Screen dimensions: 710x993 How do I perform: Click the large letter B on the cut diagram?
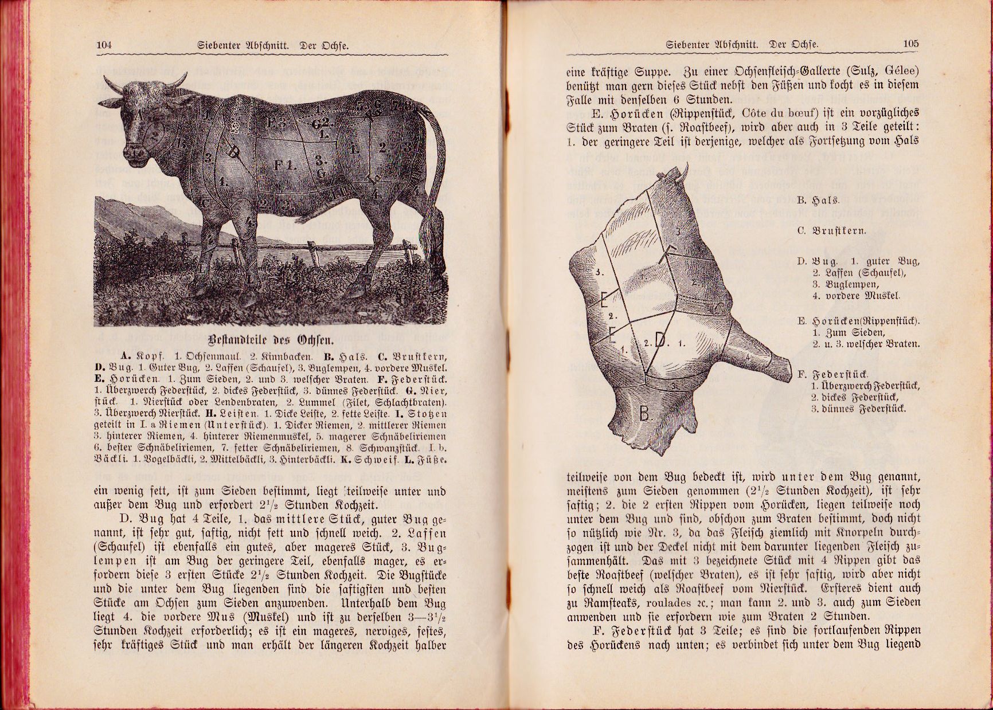point(645,413)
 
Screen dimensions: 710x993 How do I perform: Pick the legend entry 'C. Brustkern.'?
point(831,231)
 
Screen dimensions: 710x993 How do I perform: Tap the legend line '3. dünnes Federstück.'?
point(858,409)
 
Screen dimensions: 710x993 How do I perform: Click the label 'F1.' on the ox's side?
point(285,166)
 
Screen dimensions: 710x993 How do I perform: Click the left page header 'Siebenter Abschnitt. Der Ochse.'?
point(272,45)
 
